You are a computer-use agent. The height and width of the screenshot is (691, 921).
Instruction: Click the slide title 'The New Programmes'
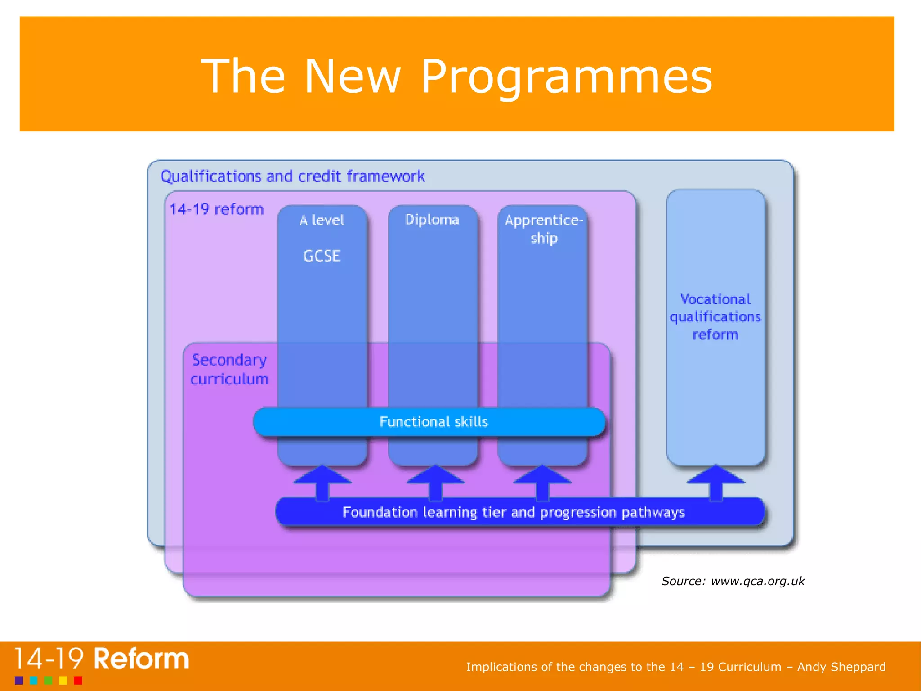[456, 77]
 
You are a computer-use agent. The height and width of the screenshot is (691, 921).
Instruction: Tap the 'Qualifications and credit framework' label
[292, 176]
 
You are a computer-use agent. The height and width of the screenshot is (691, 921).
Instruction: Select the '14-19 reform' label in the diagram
[216, 209]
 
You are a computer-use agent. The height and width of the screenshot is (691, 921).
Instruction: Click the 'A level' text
[322, 220]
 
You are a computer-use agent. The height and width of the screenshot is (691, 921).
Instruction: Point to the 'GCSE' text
[322, 256]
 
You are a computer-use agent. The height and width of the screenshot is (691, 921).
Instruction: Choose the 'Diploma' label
[432, 220]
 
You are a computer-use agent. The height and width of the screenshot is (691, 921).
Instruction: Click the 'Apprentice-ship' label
[543, 229]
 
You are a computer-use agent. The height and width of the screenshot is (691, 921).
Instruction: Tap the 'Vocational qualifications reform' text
[715, 317]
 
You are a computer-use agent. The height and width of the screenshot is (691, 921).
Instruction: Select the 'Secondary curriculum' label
[229, 370]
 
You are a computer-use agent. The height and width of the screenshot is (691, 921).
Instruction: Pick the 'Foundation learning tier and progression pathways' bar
[514, 512]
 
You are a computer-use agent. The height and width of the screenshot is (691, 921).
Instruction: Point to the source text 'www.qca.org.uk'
[757, 581]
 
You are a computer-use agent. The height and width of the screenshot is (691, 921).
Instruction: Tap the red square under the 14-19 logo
[78, 680]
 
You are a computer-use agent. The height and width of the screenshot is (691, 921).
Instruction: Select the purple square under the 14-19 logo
[19, 680]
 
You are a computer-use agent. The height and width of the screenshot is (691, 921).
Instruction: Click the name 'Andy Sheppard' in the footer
[841, 667]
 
